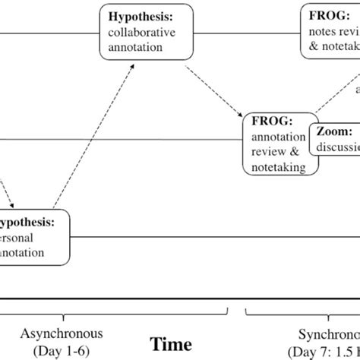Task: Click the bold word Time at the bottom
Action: (171, 344)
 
